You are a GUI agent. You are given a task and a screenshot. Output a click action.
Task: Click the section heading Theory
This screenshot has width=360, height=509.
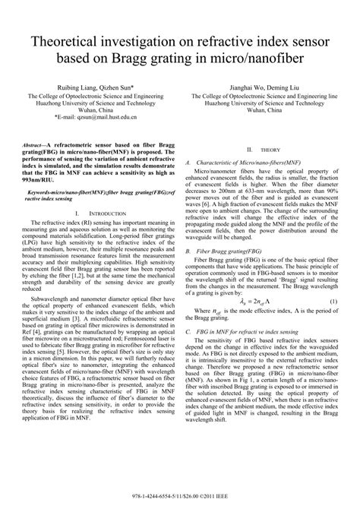point(270,151)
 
